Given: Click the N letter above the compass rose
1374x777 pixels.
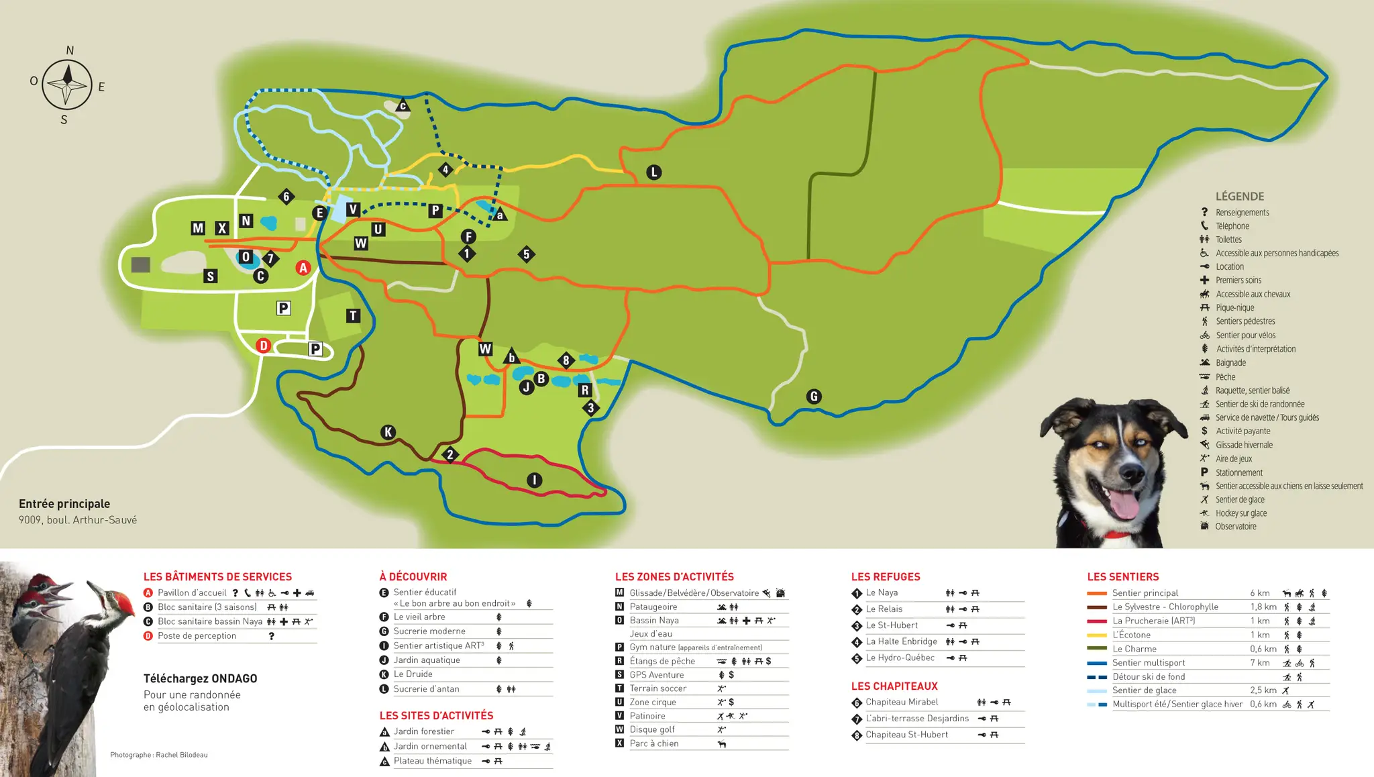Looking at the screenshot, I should coord(70,50).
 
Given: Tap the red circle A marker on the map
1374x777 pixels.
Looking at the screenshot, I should coord(303,268).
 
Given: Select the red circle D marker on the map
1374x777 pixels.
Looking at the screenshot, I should coord(263,346).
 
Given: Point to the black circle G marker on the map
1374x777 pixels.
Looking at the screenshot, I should coord(814,397).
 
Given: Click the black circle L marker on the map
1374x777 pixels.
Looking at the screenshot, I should coord(654,172).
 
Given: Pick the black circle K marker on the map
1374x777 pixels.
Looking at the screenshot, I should coord(388,432).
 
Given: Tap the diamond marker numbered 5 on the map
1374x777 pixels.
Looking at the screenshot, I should coord(527,254).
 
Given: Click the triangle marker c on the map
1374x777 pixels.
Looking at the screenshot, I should coord(403,105).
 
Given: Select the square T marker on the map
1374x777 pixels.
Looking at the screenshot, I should coord(353,315).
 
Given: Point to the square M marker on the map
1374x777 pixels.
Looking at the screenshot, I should coord(197,228).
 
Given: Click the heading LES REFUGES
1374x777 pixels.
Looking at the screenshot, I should coord(886,577).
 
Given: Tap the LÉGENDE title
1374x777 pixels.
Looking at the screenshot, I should coord(1240,197).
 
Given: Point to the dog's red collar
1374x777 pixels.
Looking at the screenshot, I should coord(1116,535).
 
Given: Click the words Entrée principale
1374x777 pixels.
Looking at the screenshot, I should coord(64,504).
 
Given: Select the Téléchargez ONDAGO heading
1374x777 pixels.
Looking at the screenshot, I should coord(200,678).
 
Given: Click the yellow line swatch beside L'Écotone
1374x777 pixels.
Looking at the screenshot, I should coord(1097,635).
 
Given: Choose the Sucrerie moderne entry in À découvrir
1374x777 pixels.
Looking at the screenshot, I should coord(429,631).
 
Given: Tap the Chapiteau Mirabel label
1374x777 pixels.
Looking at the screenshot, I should coord(902,703).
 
